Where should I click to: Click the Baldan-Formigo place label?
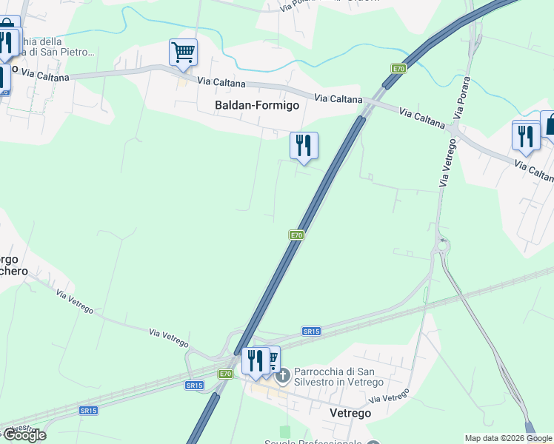pyautogui.click(x=257, y=105)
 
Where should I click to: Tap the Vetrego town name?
pyautogui.click(x=350, y=413)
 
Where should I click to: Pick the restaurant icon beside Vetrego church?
pyautogui.click(x=255, y=360)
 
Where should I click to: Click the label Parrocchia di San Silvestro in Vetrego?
pyautogui.click(x=338, y=377)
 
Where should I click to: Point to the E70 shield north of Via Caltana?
pyautogui.click(x=399, y=69)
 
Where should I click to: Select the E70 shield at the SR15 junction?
pyautogui.click(x=225, y=374)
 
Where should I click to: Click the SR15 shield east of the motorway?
pyautogui.click(x=311, y=332)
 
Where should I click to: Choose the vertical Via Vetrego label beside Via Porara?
pyautogui.click(x=445, y=164)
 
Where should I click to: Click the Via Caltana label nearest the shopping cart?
pyautogui.click(x=221, y=82)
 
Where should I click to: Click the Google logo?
pyautogui.click(x=24, y=435)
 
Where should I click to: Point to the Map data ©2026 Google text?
pyautogui.click(x=508, y=438)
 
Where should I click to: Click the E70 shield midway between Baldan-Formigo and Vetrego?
pyautogui.click(x=296, y=235)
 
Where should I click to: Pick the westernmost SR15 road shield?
pyautogui.click(x=88, y=411)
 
